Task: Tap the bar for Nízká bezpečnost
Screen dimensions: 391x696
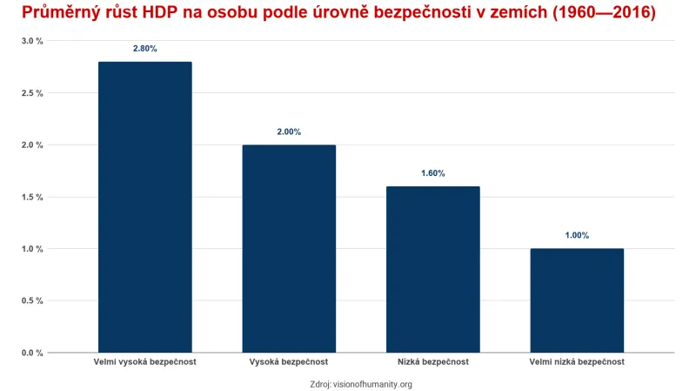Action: pyautogui.click(x=432, y=269)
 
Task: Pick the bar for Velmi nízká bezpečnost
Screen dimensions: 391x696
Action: pyautogui.click(x=577, y=300)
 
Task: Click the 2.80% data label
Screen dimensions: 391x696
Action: pyautogui.click(x=144, y=49)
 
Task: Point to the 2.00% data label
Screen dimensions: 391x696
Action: pyautogui.click(x=289, y=131)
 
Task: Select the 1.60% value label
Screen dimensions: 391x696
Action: pyautogui.click(x=432, y=173)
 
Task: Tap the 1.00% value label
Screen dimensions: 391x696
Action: pyautogui.click(x=577, y=235)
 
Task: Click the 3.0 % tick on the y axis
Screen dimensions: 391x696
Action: pyautogui.click(x=32, y=41)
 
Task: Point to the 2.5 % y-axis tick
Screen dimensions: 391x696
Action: pyautogui.click(x=32, y=93)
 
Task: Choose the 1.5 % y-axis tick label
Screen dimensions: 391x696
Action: pyautogui.click(x=32, y=197)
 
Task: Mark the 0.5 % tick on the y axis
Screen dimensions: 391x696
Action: pyautogui.click(x=32, y=301)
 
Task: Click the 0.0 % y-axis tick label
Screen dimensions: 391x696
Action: pyautogui.click(x=32, y=353)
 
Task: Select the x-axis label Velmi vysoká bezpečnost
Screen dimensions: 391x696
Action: pyautogui.click(x=144, y=361)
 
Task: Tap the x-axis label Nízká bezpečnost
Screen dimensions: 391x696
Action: pyautogui.click(x=432, y=361)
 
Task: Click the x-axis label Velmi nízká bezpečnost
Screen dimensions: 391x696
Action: pyautogui.click(x=577, y=361)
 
